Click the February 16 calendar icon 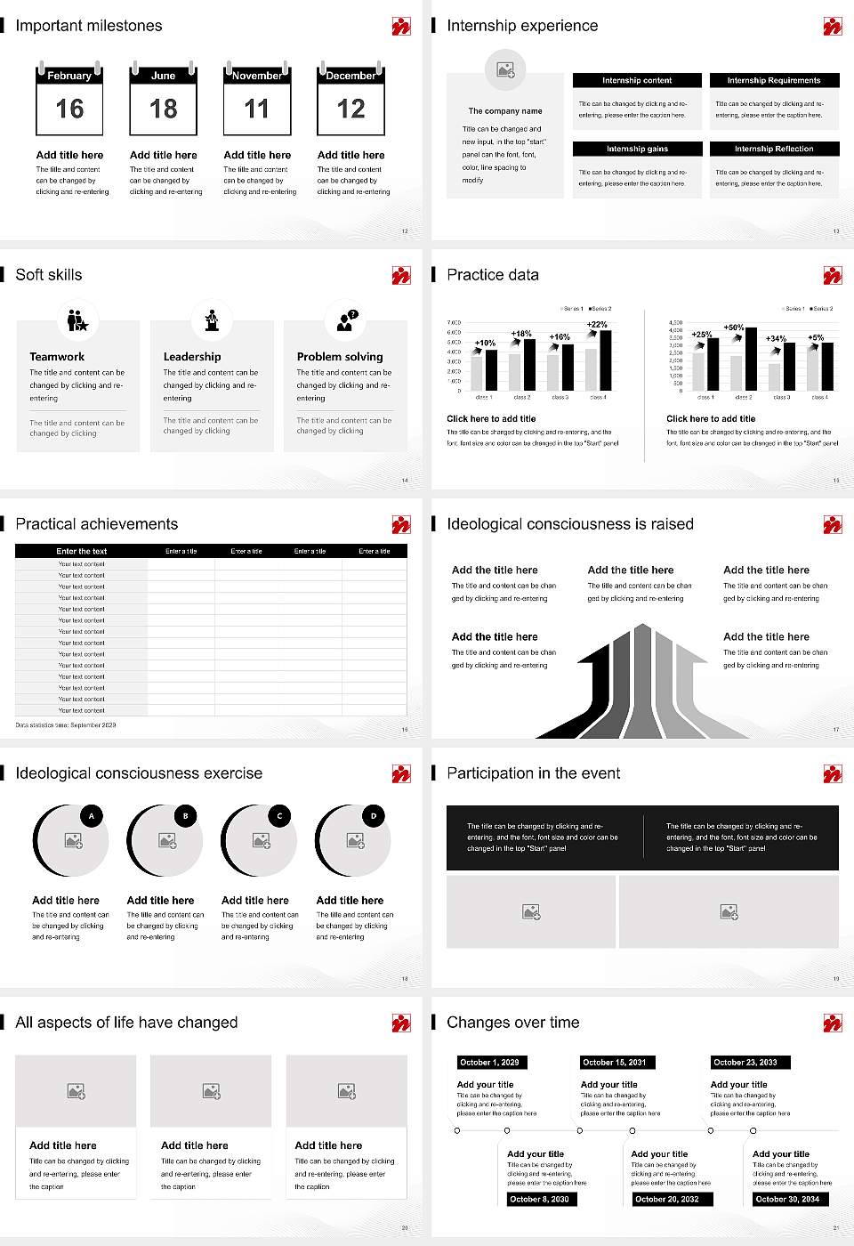(69, 99)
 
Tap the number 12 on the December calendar (350, 109)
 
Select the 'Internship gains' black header (637, 149)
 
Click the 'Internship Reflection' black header (774, 149)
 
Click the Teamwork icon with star (77, 320)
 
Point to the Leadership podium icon (212, 320)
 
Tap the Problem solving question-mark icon (346, 320)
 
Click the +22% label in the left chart (597, 325)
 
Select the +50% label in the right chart (733, 328)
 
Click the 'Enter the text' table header (81, 551)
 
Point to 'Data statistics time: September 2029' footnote (66, 725)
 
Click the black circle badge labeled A (91, 815)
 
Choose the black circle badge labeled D (374, 815)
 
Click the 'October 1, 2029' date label (489, 1062)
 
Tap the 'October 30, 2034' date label (787, 1199)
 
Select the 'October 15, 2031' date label (615, 1062)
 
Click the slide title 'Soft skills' (49, 275)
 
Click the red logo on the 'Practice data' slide (832, 275)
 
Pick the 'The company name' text (505, 111)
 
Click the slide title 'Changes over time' (512, 1023)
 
